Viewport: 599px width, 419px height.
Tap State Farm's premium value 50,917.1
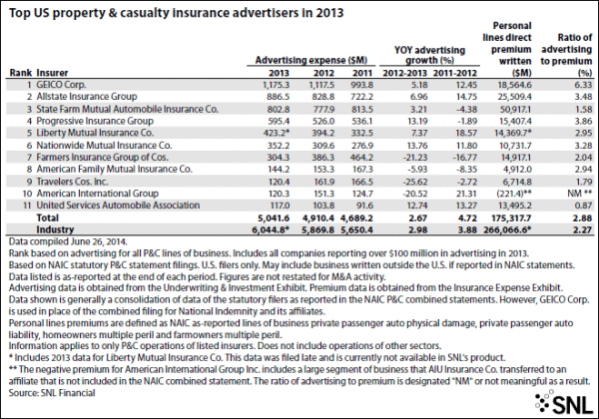(x=512, y=113)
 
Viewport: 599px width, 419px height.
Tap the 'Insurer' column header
(x=52, y=73)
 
